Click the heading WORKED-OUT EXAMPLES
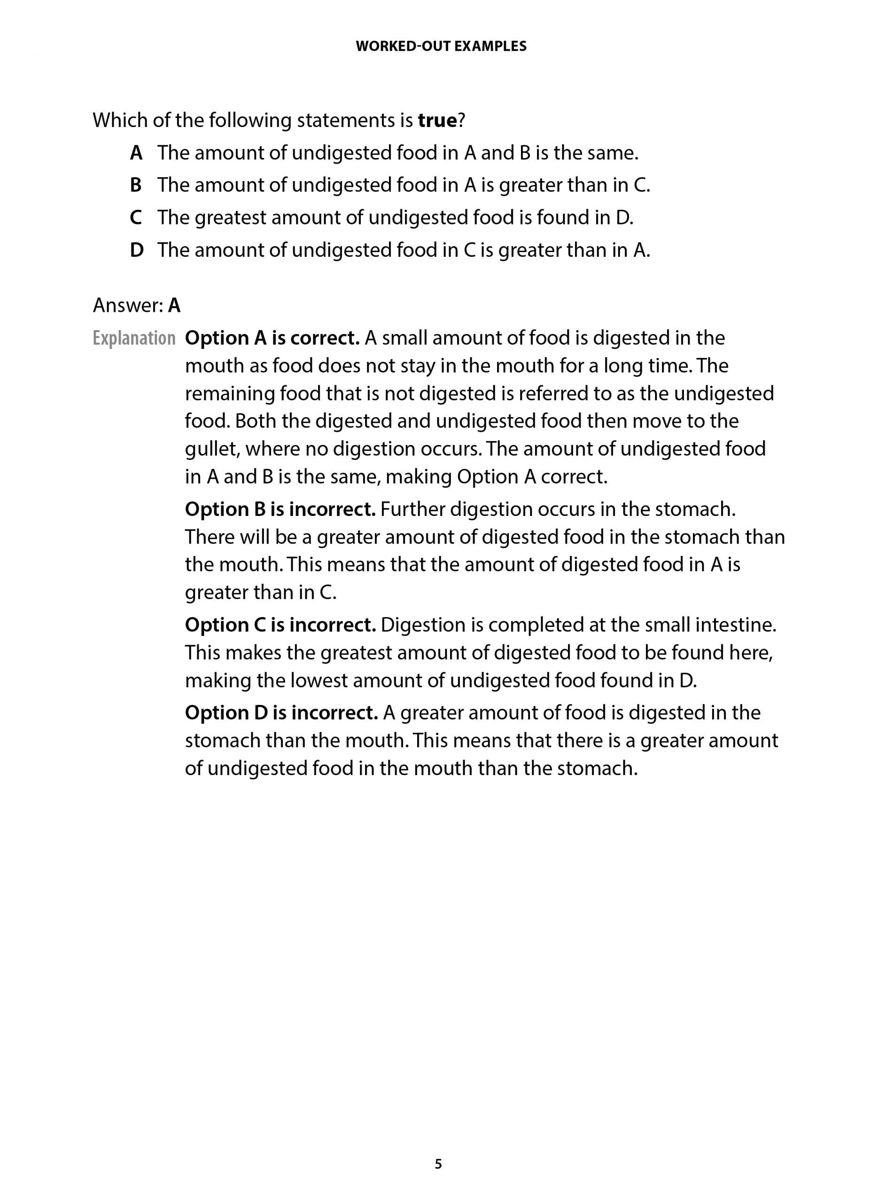441,47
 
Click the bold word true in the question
437,120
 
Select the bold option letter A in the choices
136,153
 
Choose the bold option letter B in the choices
136,185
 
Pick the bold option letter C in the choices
136,218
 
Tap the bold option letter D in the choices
137,250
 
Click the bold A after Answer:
174,306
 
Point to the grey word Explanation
133,338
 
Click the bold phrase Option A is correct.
272,338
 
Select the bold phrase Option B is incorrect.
280,510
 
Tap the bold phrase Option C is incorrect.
280,625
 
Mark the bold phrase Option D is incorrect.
281,713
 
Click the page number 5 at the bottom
438,1164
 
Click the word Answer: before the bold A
128,306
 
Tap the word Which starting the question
120,120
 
